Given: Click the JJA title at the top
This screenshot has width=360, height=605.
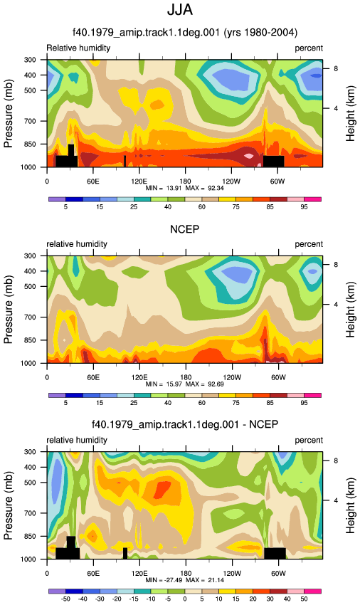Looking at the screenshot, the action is [x=180, y=10].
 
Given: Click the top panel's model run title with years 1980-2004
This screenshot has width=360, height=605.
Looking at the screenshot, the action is [x=185, y=32].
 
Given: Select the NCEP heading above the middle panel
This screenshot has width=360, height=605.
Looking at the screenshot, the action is [x=185, y=229].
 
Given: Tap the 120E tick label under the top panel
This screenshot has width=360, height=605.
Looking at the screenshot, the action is [x=139, y=181].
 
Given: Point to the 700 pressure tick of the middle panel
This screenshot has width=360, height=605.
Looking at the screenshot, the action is [x=30, y=317].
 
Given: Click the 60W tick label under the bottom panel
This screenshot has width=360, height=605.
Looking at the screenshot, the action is [x=277, y=574].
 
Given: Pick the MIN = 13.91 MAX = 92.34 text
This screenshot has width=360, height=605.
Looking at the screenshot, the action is [x=185, y=189].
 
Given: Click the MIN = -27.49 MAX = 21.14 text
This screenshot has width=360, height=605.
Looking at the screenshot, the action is [x=185, y=580].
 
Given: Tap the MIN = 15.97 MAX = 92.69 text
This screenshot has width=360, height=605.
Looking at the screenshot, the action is [x=185, y=384].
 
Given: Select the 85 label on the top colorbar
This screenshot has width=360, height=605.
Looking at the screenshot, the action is [x=270, y=207].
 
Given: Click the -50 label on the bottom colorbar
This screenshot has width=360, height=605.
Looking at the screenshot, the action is [x=66, y=599].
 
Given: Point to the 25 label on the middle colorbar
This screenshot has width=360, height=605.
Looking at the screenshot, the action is [x=134, y=403].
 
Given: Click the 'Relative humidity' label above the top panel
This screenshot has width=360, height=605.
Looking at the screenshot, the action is [x=78, y=48].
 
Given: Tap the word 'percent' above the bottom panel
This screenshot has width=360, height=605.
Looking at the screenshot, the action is [x=309, y=441].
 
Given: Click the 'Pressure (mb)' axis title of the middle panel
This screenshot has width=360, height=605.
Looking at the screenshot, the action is [x=9, y=310].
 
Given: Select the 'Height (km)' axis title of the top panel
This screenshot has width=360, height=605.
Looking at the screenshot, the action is [x=350, y=113].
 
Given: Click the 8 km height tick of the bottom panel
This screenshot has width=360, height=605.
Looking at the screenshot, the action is [x=336, y=461].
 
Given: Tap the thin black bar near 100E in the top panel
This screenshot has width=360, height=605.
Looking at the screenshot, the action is [x=125, y=162].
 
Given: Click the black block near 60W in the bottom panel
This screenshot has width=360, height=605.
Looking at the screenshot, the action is [x=275, y=553].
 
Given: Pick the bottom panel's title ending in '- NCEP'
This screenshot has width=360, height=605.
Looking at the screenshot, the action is [x=185, y=424].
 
